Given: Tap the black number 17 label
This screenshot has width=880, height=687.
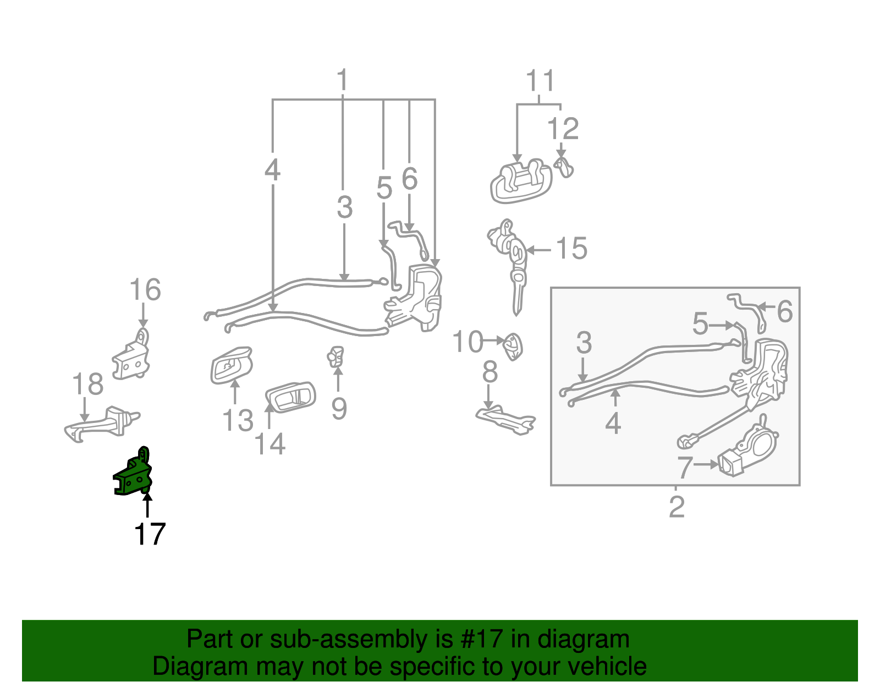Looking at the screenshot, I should [x=150, y=534].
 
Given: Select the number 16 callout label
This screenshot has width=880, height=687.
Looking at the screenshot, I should [x=145, y=290].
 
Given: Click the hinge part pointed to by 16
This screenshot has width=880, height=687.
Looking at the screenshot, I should [x=133, y=358].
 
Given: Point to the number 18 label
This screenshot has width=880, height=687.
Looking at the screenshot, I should [x=87, y=384].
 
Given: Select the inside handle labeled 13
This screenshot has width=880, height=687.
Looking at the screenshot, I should [x=230, y=364].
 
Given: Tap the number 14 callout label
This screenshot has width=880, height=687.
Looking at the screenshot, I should [x=269, y=443].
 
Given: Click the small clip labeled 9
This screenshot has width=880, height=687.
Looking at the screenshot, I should [x=335, y=356].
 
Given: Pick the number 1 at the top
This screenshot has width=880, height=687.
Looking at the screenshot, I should [x=343, y=80].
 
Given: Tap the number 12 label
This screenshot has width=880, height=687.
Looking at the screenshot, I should [x=563, y=129].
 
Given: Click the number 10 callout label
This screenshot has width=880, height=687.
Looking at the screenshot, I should [x=468, y=342].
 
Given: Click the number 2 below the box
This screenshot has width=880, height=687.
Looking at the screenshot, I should [x=676, y=507].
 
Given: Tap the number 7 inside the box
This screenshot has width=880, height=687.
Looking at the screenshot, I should [x=684, y=467].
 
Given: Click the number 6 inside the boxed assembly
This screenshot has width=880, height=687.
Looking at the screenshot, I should [x=785, y=312].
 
